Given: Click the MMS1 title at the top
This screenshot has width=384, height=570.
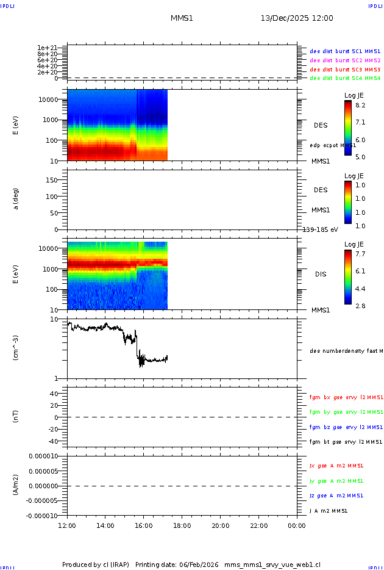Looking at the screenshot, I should pos(182,18).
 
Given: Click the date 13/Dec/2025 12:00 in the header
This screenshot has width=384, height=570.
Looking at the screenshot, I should pos(297,18).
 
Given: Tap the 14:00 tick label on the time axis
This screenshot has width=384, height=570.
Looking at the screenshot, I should pos(105,525).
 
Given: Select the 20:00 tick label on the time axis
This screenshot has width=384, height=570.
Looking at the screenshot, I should pos(221,525).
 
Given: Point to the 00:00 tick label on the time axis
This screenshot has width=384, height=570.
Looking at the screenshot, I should pos(297,525).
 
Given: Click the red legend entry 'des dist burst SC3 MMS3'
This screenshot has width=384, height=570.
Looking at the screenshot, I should pos(345,70).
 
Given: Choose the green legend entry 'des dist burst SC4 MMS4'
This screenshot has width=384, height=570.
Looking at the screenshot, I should pos(345,78).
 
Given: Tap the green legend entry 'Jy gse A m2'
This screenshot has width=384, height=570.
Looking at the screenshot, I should pos(336,481).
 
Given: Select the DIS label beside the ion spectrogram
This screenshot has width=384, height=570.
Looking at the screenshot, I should pos(321,274).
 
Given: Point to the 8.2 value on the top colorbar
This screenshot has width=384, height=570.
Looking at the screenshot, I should pos(360,105).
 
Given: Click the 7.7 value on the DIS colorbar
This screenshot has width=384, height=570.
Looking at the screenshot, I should pos(360,253).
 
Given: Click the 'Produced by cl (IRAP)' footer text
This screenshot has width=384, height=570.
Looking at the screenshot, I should pos(96,565).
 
